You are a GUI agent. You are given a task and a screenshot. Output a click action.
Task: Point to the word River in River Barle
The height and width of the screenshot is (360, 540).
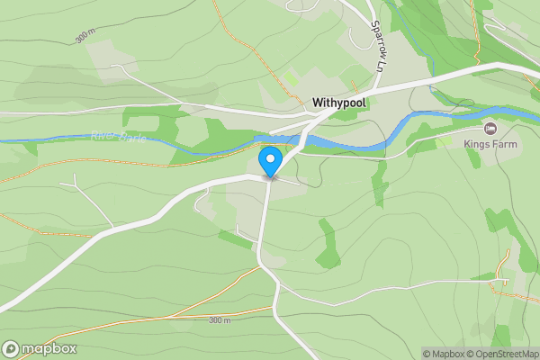(105, 136)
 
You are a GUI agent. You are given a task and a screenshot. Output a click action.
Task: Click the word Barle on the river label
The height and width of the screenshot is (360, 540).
(133, 138)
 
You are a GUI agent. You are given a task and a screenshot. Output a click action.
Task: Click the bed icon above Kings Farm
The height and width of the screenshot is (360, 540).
(490, 128)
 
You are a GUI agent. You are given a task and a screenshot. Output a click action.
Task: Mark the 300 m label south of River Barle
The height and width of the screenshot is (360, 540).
(220, 320)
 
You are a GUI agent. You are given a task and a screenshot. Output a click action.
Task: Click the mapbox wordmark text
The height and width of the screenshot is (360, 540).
(50, 348)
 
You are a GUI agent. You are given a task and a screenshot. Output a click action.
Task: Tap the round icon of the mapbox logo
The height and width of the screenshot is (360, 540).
(12, 348)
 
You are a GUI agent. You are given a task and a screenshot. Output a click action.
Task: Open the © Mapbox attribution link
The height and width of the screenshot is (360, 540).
(447, 354)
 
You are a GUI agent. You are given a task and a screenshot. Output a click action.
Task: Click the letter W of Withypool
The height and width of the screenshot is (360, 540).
(318, 103)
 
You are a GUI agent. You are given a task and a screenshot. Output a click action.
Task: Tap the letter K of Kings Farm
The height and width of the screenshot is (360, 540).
(467, 142)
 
